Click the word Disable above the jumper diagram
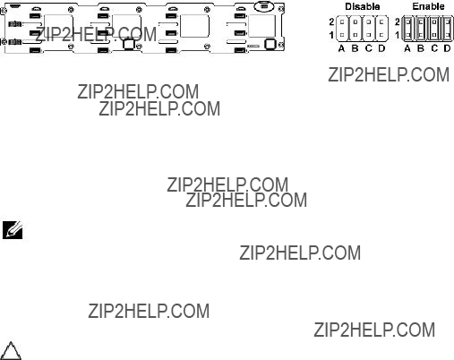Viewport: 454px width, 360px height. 363,6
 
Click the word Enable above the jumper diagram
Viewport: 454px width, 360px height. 428,6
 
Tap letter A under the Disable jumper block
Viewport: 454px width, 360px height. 342,48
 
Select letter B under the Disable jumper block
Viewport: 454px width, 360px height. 355,48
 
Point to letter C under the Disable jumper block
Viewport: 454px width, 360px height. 369,48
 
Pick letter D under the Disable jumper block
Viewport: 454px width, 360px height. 381,48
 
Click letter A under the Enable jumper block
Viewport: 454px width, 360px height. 407,48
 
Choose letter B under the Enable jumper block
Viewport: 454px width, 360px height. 421,48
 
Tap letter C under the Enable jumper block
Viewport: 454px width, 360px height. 434,48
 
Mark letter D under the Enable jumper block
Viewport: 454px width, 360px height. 447,48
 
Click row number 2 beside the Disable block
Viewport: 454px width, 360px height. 331,21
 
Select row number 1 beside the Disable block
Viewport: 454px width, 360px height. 331,35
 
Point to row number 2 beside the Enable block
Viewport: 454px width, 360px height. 398,21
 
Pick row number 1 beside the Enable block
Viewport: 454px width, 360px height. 398,35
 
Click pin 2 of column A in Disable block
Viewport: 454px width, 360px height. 342,21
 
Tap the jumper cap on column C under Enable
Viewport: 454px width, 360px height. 434,29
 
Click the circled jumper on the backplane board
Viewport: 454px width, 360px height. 264,6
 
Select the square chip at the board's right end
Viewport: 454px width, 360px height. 270,44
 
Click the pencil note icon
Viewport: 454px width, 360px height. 13,230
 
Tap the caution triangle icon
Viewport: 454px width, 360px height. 11,351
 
